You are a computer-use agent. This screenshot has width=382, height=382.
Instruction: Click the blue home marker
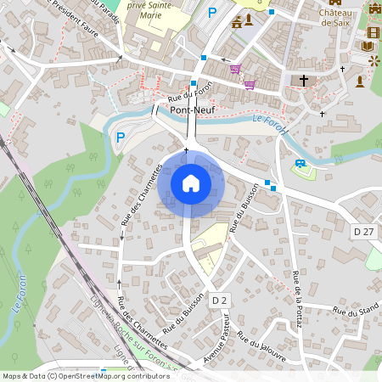point(191,183)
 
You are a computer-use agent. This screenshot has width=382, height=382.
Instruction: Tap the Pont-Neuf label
point(191,110)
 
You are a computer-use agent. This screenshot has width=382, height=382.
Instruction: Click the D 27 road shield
point(363,232)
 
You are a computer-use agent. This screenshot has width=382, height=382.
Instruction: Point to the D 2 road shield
point(220,301)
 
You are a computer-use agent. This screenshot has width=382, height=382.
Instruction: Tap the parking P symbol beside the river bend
point(120,137)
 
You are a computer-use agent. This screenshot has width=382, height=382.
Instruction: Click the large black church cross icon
point(304,81)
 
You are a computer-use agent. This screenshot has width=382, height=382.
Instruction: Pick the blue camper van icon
point(300,163)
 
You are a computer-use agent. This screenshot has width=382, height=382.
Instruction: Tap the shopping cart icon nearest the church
point(250,84)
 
